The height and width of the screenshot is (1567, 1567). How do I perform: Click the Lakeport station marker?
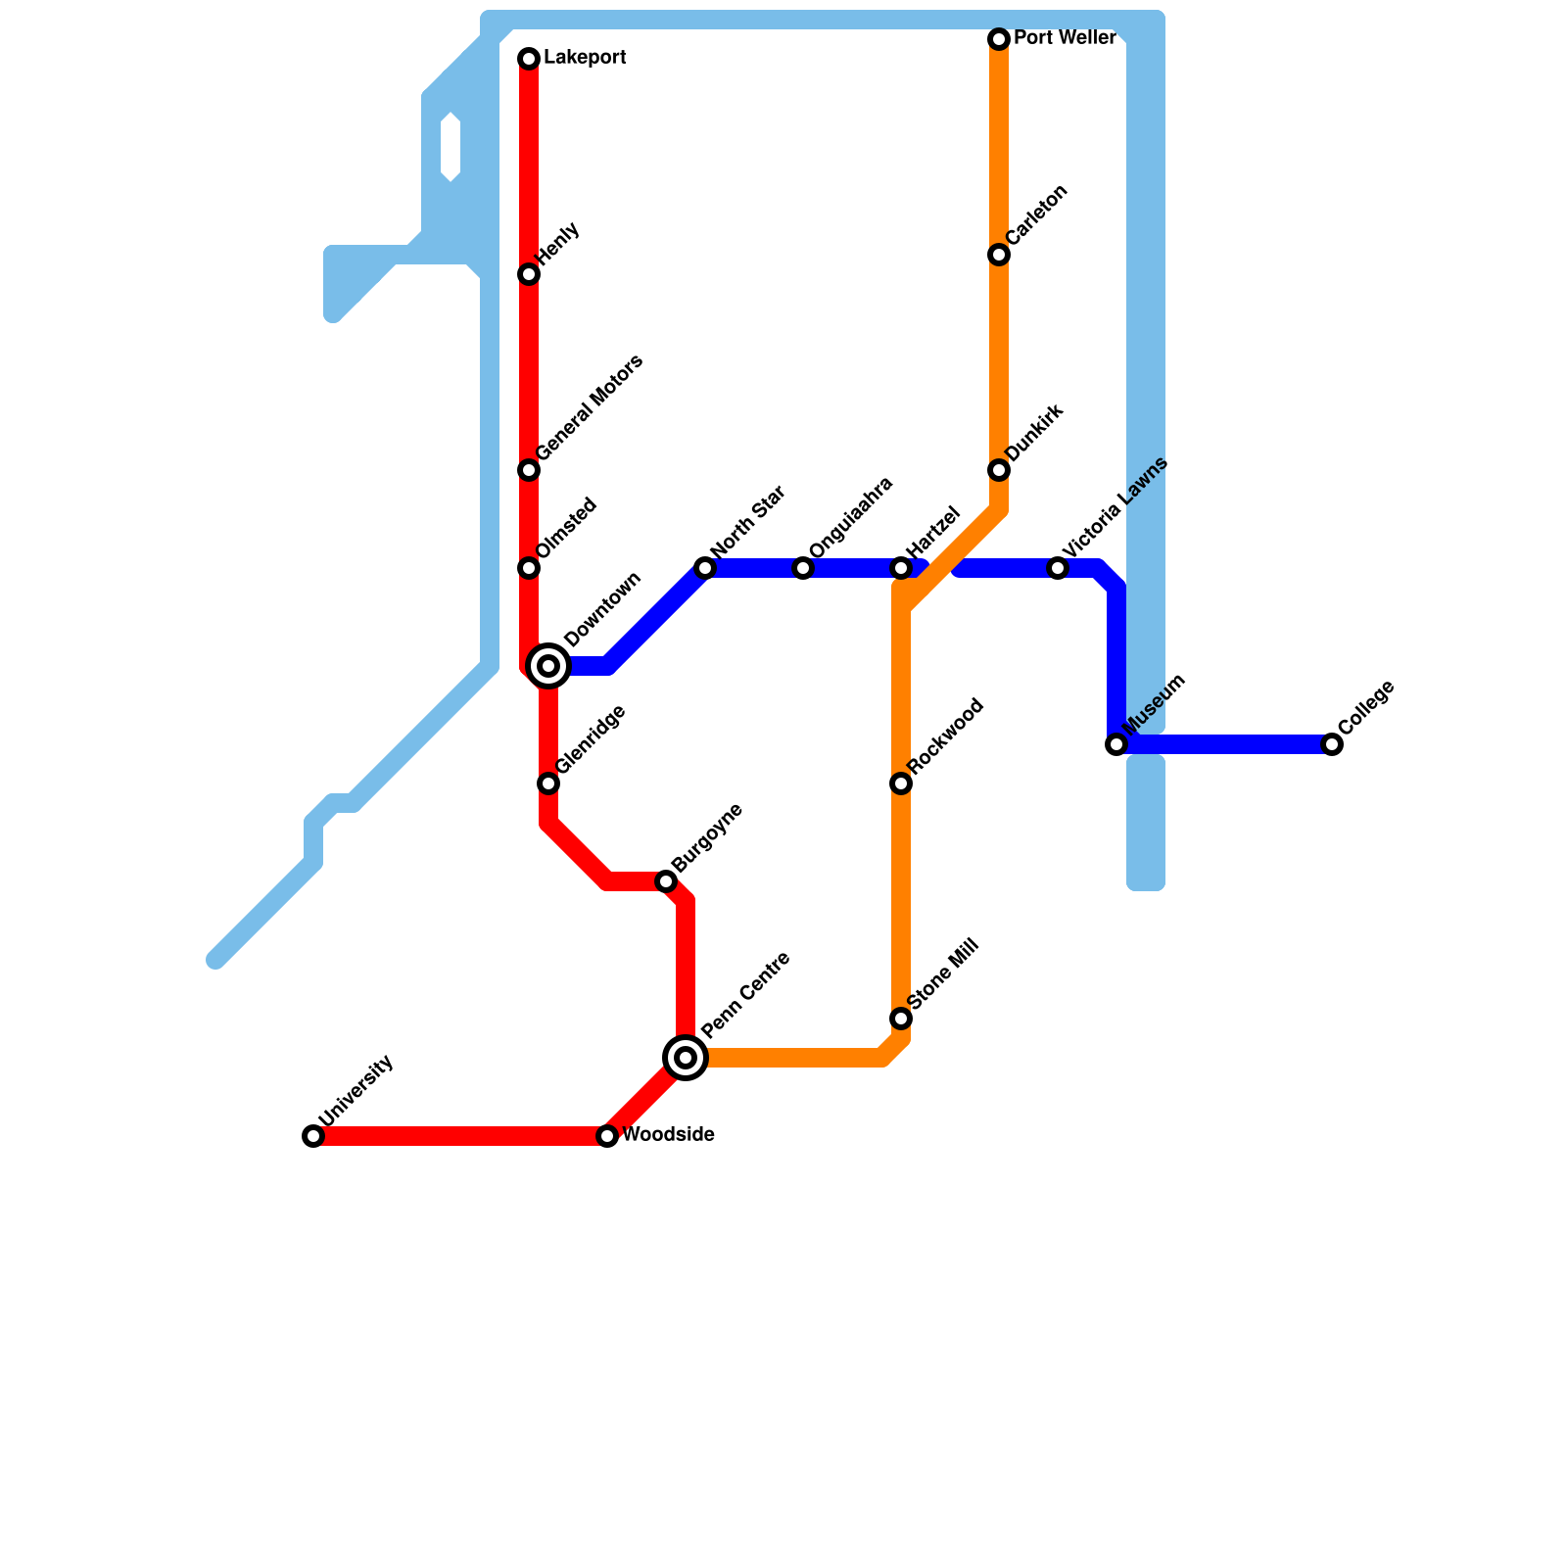point(529,59)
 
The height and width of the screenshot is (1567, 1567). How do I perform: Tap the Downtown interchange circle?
point(549,666)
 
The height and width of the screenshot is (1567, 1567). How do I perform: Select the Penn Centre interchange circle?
point(687,1058)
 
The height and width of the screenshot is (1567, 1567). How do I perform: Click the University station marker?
point(313,1136)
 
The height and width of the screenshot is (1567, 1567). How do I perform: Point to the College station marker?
point(1332,744)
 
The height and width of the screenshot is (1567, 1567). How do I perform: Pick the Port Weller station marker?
point(999,39)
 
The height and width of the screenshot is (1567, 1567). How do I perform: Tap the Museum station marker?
point(1116,744)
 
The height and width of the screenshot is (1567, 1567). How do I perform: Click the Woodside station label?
point(668,1136)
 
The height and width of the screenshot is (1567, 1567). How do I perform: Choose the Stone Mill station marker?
point(901,1019)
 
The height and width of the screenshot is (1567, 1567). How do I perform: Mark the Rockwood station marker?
point(901,783)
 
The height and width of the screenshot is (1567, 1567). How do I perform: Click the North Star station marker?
point(705,568)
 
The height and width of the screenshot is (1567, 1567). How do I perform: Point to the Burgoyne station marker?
point(666,881)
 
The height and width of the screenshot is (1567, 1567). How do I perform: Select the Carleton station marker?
point(999,255)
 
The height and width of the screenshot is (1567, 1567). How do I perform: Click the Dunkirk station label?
point(1034,432)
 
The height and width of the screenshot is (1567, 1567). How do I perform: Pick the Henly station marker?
point(529,274)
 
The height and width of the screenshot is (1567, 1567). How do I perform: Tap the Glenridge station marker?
point(548,783)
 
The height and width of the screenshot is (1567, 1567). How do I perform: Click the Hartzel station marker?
point(901,568)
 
